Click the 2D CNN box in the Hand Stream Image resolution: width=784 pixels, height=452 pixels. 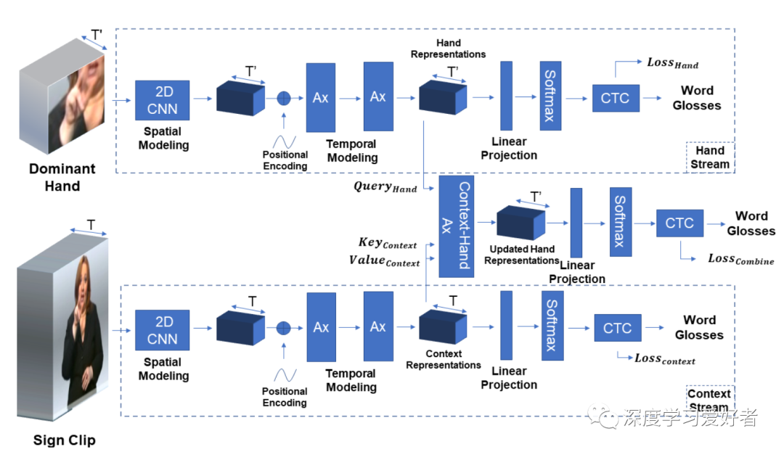162,100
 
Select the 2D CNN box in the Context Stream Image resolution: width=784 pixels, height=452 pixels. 162,330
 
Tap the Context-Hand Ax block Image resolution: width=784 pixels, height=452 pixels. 457,226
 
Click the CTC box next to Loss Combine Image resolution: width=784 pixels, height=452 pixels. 679,223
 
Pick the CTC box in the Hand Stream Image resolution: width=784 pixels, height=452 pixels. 615,98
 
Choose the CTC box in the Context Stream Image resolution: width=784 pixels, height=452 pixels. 617,328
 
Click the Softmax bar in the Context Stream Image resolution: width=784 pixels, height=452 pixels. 552,325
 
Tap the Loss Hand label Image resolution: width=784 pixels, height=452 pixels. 672,63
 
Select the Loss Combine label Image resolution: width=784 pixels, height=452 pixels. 740,259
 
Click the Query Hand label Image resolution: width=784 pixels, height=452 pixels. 385,186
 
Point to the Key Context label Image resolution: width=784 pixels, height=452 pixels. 388,243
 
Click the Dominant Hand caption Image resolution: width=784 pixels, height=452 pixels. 62,177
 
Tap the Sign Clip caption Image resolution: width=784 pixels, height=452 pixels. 64,440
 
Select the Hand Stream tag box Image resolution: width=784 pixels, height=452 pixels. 709,157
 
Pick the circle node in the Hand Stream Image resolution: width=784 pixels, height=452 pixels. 284,98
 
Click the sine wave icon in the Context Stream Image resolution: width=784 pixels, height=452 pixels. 284,375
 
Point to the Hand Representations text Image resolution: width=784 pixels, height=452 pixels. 448,49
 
